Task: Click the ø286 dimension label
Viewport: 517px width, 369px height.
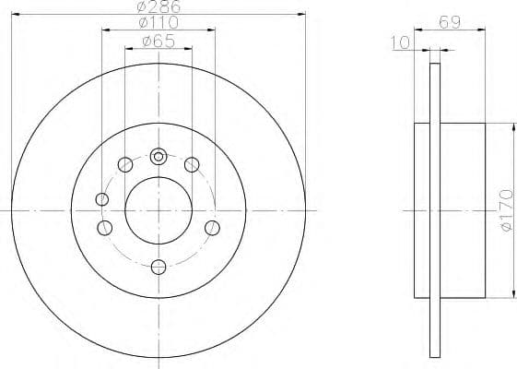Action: (159, 6)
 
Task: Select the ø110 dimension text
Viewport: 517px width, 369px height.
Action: (159, 23)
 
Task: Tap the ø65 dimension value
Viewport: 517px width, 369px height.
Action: (159, 40)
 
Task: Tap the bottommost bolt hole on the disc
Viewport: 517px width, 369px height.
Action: (159, 268)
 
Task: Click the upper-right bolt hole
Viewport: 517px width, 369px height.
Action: (192, 165)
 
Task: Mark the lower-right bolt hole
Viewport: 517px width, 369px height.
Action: (212, 228)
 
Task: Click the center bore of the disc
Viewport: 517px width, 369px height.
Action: (159, 211)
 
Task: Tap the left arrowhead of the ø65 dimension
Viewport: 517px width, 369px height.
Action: (128, 47)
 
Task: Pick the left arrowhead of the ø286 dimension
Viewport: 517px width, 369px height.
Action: (16, 14)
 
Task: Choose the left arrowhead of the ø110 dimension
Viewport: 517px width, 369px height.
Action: (104, 30)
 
